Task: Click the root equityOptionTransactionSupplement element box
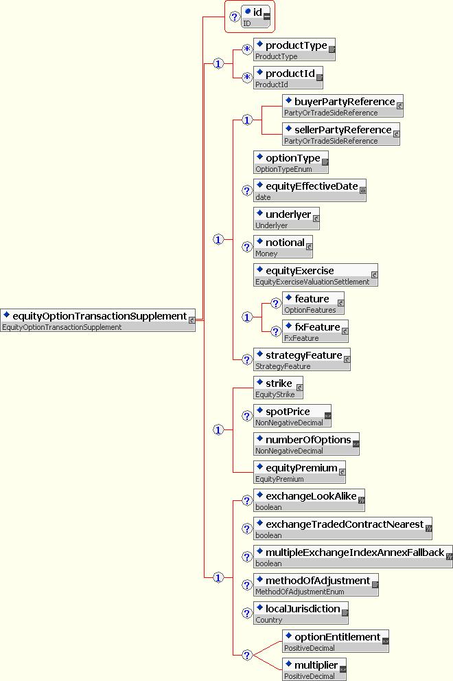[97, 320]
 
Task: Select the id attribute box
[255, 16]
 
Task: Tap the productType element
[294, 49]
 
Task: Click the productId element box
[288, 78]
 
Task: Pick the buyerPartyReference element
[342, 106]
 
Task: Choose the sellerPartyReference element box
[341, 134]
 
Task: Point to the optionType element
[291, 162]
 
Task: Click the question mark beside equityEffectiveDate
[247, 190]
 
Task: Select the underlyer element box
[286, 219]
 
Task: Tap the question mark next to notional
[247, 247]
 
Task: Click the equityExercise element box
[316, 275]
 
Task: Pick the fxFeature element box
[315, 331]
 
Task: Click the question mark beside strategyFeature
[247, 359]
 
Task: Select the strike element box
[278, 388]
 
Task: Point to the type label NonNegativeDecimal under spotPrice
[289, 423]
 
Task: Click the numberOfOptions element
[306, 445]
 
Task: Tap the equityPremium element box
[299, 473]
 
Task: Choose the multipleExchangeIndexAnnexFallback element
[353, 557]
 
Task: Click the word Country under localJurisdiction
[268, 620]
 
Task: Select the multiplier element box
[314, 669]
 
